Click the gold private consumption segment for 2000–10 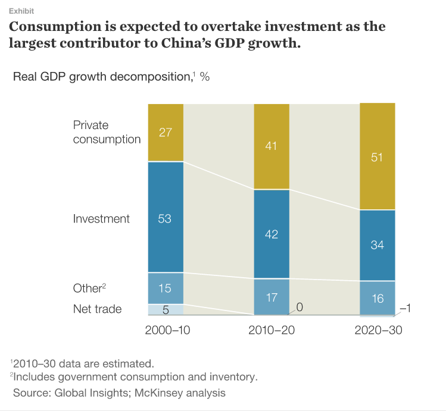coord(166,133)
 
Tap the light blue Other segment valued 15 coord(166,288)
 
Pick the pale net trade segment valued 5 coord(166,309)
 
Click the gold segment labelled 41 coord(272,146)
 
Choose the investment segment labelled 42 coord(272,234)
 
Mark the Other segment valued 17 coord(272,297)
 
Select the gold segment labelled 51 coord(377,156)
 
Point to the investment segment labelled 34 coord(377,244)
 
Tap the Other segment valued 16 coord(377,297)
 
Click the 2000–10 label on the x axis coord(167,330)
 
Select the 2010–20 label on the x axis coord(273,330)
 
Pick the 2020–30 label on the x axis coord(378,330)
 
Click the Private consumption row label coord(107,132)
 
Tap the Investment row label coord(101,218)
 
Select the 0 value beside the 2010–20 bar coord(300,307)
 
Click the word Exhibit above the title coord(21,11)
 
